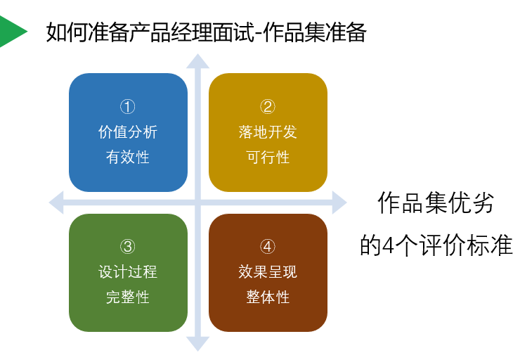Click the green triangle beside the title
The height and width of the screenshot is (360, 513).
11,31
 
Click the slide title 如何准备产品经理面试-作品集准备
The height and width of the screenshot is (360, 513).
206,32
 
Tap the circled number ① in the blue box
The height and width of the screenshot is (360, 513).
128,107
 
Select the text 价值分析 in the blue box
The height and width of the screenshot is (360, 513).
128,131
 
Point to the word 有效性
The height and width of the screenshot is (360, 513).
128,157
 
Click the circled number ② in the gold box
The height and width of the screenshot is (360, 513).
268,107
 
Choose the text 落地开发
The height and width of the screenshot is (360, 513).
268,131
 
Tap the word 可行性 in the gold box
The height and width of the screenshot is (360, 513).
268,157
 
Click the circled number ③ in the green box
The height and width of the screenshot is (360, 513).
128,247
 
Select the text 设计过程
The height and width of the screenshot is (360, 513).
128,271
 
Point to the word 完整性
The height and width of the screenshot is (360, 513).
128,297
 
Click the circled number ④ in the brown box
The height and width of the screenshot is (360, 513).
268,247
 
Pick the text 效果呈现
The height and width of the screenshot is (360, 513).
268,271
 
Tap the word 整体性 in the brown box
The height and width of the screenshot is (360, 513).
268,297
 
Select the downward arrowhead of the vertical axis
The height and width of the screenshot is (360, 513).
197,344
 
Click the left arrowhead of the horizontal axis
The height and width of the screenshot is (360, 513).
56,203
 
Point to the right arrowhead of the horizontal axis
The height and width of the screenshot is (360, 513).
339,203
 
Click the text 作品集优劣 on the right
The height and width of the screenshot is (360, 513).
436,203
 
